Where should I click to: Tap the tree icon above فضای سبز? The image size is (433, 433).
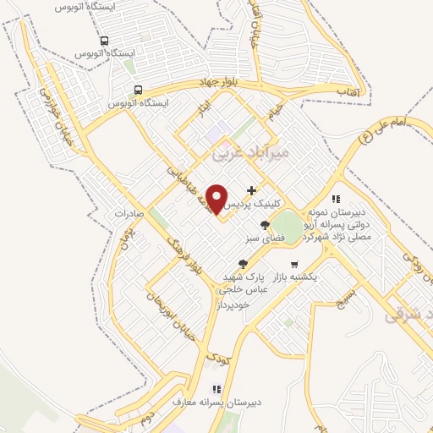[266, 225]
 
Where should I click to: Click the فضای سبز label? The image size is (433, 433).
[265, 239]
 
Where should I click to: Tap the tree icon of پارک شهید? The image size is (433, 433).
[244, 264]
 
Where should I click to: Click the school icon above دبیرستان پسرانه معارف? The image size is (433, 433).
[216, 389]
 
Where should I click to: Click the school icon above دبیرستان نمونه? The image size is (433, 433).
[336, 199]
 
